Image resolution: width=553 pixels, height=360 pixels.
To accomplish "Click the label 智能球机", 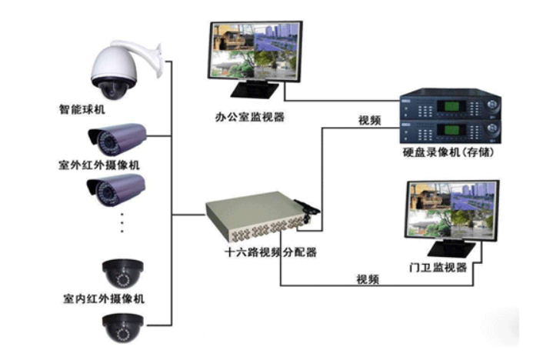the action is pyautogui.click(x=82, y=109).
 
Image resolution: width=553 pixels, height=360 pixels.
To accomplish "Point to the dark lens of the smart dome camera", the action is pyautogui.click(x=112, y=90).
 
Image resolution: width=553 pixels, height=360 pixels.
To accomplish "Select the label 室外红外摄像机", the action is pyautogui.click(x=99, y=165).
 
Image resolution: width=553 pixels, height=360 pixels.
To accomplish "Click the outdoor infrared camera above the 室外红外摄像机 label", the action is pyautogui.click(x=117, y=139).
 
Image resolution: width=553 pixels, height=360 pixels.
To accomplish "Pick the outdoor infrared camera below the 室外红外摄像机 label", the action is pyautogui.click(x=115, y=191).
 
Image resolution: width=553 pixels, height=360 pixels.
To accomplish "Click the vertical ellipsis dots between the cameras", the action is pyautogui.click(x=122, y=222).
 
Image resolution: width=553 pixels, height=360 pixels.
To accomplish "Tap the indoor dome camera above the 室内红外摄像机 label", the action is pyautogui.click(x=123, y=274).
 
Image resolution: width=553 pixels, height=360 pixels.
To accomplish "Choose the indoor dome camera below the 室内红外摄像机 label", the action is pyautogui.click(x=123, y=328).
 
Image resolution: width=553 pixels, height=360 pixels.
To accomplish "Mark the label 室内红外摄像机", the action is pyautogui.click(x=104, y=299).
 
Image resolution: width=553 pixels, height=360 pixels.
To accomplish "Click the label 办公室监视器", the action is pyautogui.click(x=250, y=117).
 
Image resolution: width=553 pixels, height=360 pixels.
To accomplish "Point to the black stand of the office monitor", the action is pyautogui.click(x=255, y=89).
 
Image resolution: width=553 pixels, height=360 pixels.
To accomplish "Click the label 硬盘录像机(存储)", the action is pyautogui.click(x=448, y=152).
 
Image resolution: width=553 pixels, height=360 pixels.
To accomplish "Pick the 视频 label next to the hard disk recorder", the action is pyautogui.click(x=370, y=120).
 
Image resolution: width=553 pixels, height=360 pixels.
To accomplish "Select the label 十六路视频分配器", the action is pyautogui.click(x=271, y=252).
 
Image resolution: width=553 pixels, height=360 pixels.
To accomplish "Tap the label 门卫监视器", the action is pyautogui.click(x=438, y=267).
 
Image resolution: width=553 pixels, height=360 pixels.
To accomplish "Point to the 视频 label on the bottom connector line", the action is pyautogui.click(x=368, y=279).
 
